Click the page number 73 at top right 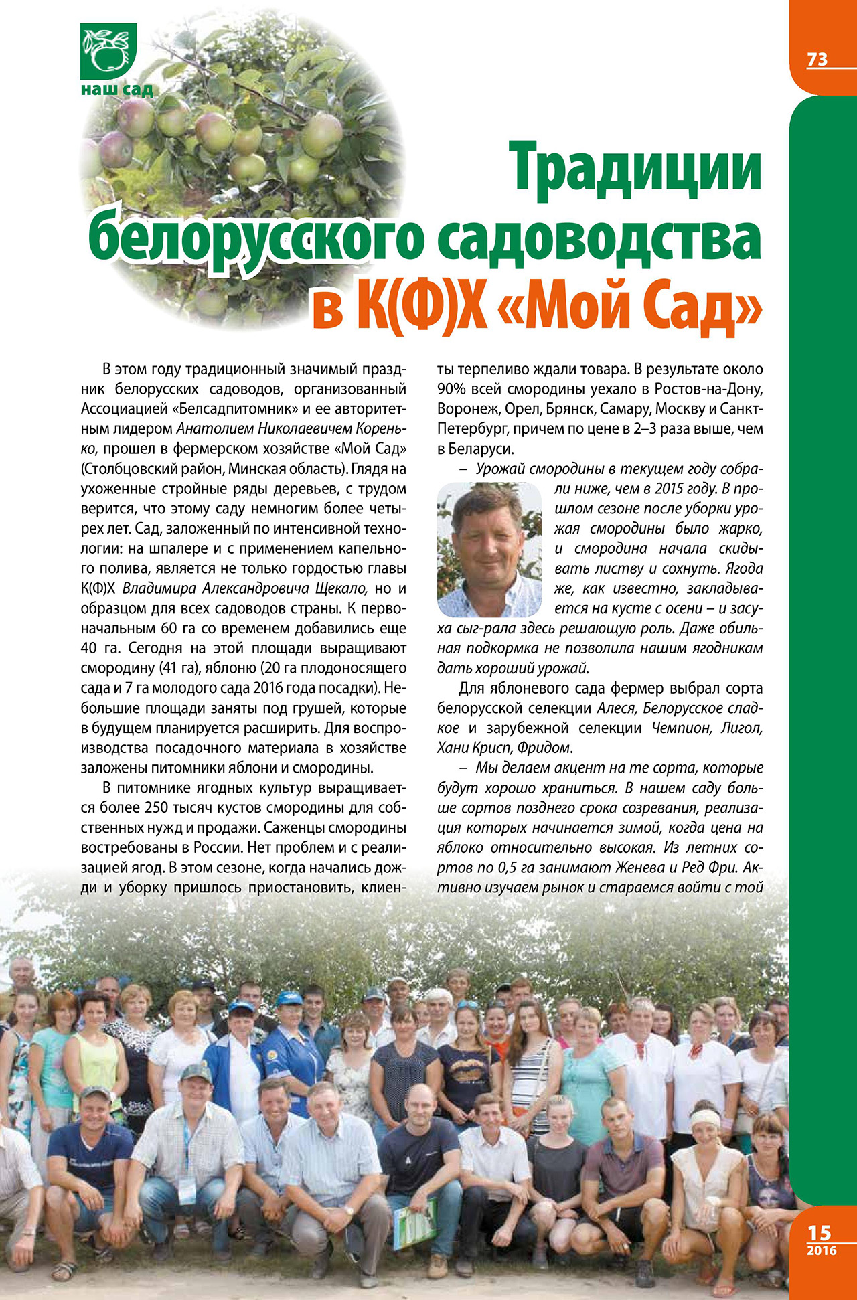coord(817,60)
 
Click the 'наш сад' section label coord(116,89)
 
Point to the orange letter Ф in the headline coord(428,307)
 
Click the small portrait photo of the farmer coord(489,550)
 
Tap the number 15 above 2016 coord(819,1232)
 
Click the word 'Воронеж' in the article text coord(468,409)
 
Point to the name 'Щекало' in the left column coord(341,589)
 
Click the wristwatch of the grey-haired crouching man coord(349,1210)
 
